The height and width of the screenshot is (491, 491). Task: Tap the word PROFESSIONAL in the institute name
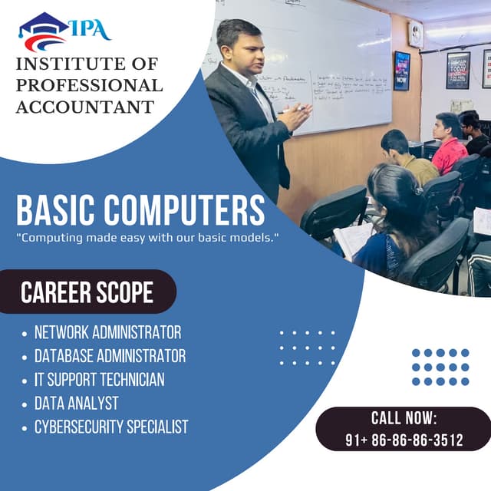click(x=89, y=85)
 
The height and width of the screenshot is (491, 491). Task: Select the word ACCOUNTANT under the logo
click(x=84, y=107)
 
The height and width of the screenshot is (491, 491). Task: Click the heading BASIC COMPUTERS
click(x=140, y=209)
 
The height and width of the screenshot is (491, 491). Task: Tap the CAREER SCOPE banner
click(x=87, y=292)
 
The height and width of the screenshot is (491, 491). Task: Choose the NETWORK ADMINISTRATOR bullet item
click(x=107, y=333)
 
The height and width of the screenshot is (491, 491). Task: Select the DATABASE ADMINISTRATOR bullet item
click(x=110, y=356)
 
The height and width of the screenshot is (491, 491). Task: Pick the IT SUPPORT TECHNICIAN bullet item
click(x=99, y=380)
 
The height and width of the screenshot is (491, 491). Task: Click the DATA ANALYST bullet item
click(x=76, y=403)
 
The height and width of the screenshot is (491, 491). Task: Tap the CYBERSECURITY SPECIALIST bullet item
click(x=110, y=427)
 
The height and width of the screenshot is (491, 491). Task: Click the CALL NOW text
click(x=404, y=418)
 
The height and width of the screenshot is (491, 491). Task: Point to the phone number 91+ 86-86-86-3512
click(x=404, y=440)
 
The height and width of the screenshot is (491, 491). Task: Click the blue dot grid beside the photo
click(x=440, y=367)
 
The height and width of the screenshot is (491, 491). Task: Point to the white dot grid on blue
click(x=307, y=348)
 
